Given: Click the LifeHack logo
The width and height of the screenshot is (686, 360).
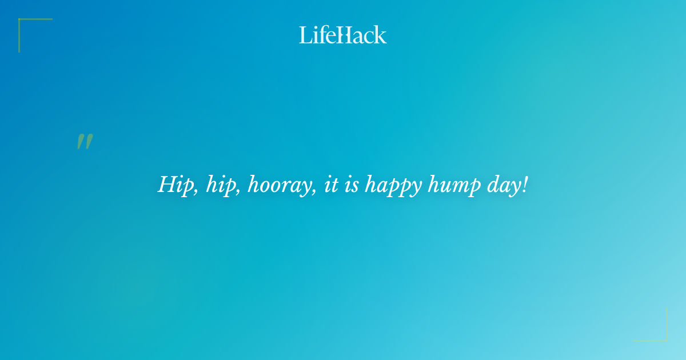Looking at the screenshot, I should (343, 35).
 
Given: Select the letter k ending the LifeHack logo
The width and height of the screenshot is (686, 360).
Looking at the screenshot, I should (381, 35).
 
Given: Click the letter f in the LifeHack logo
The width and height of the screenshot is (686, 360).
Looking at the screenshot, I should (321, 35).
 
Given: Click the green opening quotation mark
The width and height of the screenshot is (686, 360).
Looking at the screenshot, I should (85, 142).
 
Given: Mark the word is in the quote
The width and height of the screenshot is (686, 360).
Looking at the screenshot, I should (351, 185).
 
